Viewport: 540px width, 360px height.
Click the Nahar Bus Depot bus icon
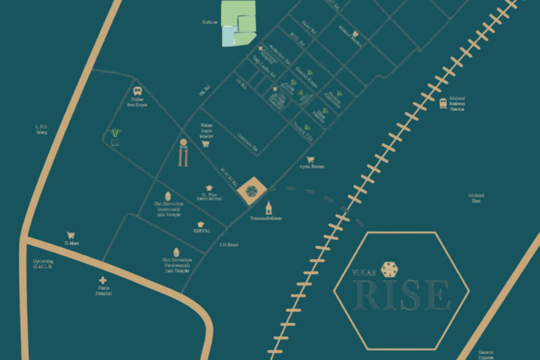pos(136,91)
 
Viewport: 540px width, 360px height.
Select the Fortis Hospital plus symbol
pos(103,280)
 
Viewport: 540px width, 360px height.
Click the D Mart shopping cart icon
pos(70,236)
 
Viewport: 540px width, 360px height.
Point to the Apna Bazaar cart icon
pos(310,160)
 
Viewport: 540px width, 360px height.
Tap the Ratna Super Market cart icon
pos(205,143)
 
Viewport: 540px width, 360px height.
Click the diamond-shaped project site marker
pos(251,191)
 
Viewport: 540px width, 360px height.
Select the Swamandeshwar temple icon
pos(268,207)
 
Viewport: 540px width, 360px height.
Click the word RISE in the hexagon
pos(402,295)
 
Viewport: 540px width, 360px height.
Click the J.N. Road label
pos(229,245)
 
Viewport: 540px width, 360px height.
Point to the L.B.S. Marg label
pos(41,129)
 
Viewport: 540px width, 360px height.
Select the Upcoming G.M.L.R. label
pos(43,264)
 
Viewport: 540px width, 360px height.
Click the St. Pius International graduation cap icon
pos(210,188)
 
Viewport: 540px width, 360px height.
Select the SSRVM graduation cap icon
pos(200,224)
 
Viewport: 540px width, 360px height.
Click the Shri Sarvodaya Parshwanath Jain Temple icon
pos(177,252)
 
